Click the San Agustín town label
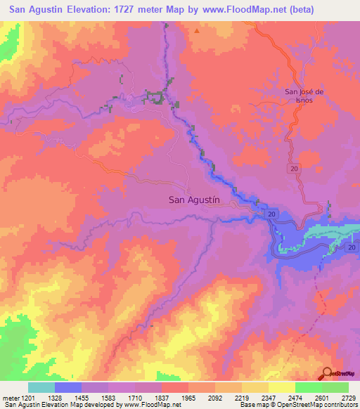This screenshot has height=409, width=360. (x=195, y=200)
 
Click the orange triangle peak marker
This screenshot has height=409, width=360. (x=198, y=31)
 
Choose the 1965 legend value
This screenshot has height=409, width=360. (x=188, y=398)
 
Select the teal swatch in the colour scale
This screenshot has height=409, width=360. (x=41, y=387)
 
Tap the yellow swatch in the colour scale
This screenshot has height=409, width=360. (x=282, y=387)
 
